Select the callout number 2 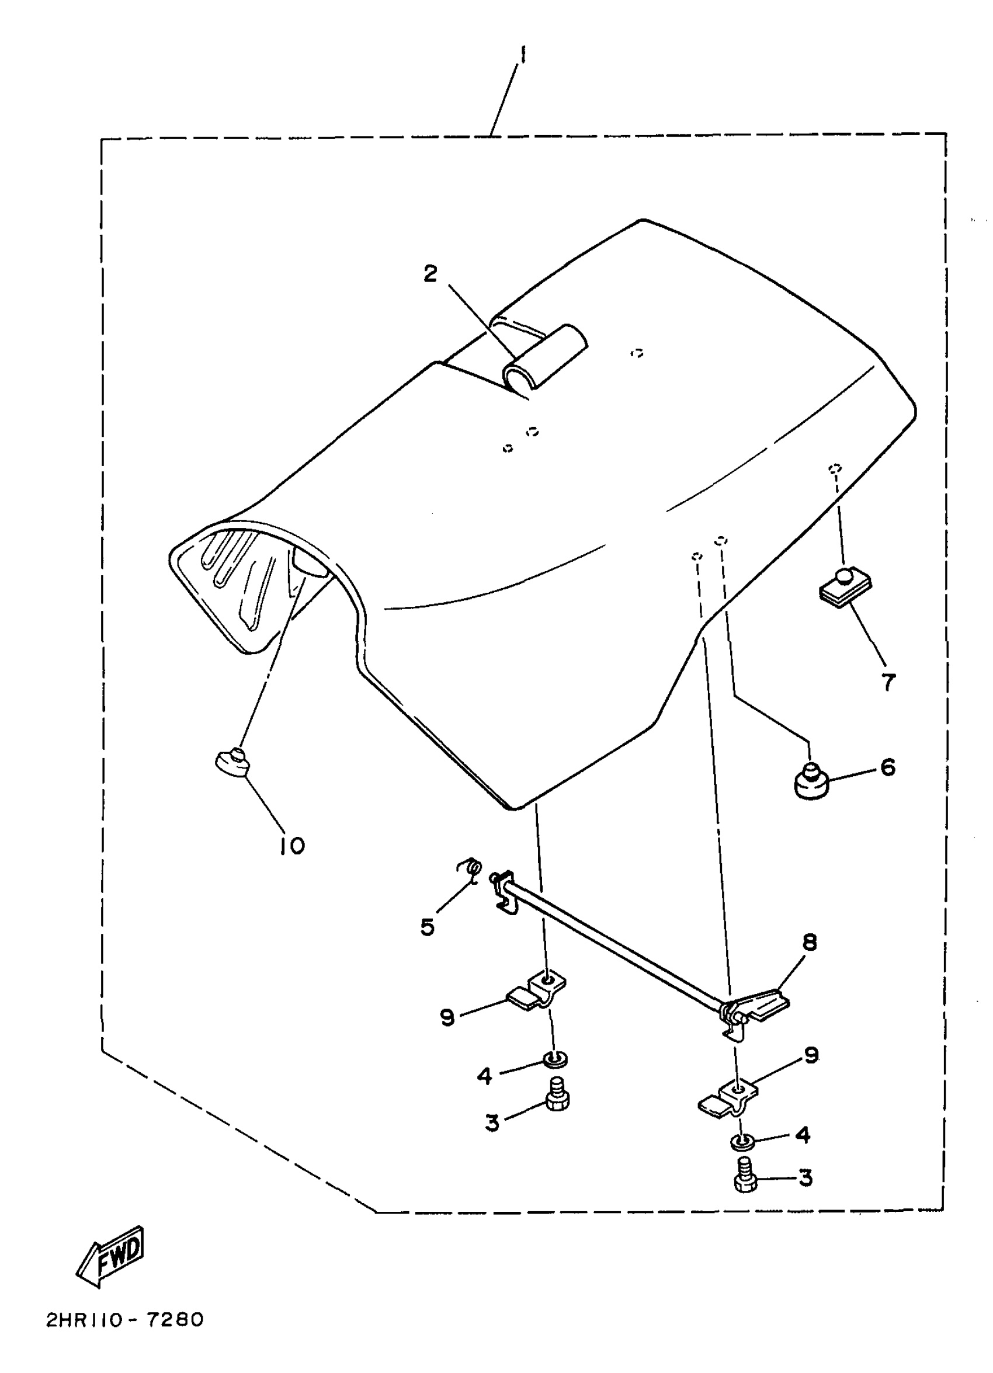(430, 274)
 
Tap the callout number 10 (293, 846)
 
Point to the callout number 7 (888, 682)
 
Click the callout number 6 (888, 767)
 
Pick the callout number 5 (428, 926)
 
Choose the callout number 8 (809, 942)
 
